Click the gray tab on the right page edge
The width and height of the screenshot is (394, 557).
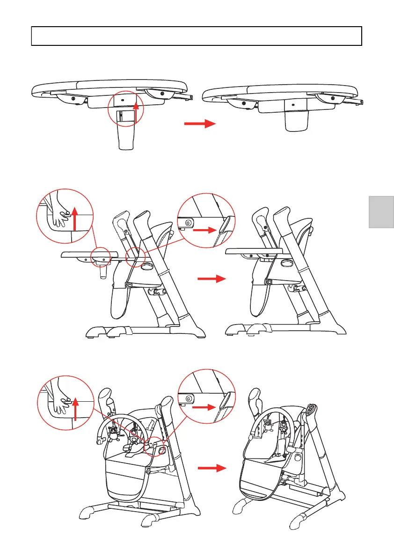click(x=381, y=212)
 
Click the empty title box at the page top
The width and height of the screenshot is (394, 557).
click(x=197, y=36)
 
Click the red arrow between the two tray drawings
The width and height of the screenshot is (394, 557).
click(x=199, y=124)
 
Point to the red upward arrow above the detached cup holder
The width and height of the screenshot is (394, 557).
click(x=136, y=113)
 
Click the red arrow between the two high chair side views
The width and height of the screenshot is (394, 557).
click(x=212, y=279)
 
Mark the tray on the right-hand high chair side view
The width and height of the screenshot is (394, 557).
click(x=263, y=252)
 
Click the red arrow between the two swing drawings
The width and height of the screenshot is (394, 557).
click(x=212, y=467)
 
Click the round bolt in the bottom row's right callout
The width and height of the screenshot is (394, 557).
click(x=189, y=398)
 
